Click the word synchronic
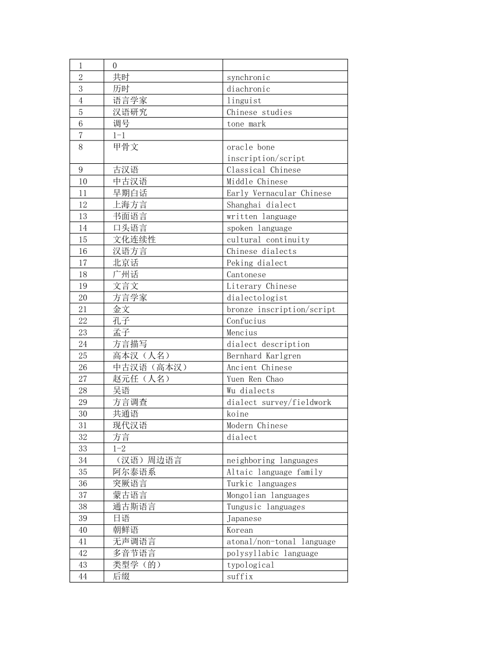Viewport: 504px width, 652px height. pos(248,77)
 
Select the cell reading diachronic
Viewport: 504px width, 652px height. pos(248,89)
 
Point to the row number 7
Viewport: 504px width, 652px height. pos(81,135)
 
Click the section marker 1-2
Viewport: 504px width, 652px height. pos(119,448)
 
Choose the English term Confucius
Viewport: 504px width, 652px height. pos(246,321)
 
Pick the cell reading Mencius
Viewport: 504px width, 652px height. pos(242,332)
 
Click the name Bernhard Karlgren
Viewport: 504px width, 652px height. pos(264,356)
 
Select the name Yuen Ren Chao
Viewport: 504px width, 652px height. pos(255,379)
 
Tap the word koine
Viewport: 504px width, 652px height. pos(238,414)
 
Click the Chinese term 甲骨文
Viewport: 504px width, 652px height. pos(126,147)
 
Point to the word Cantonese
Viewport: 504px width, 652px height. pos(246,275)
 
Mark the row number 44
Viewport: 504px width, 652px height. pos(83,576)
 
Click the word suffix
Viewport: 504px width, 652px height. pos(240,576)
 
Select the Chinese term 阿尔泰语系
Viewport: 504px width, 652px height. pos(134,472)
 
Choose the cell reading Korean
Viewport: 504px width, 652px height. pos(240,530)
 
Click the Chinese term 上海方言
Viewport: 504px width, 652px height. pos(130,205)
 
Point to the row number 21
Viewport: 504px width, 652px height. pos(83,309)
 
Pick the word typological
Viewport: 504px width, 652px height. pos(250,565)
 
